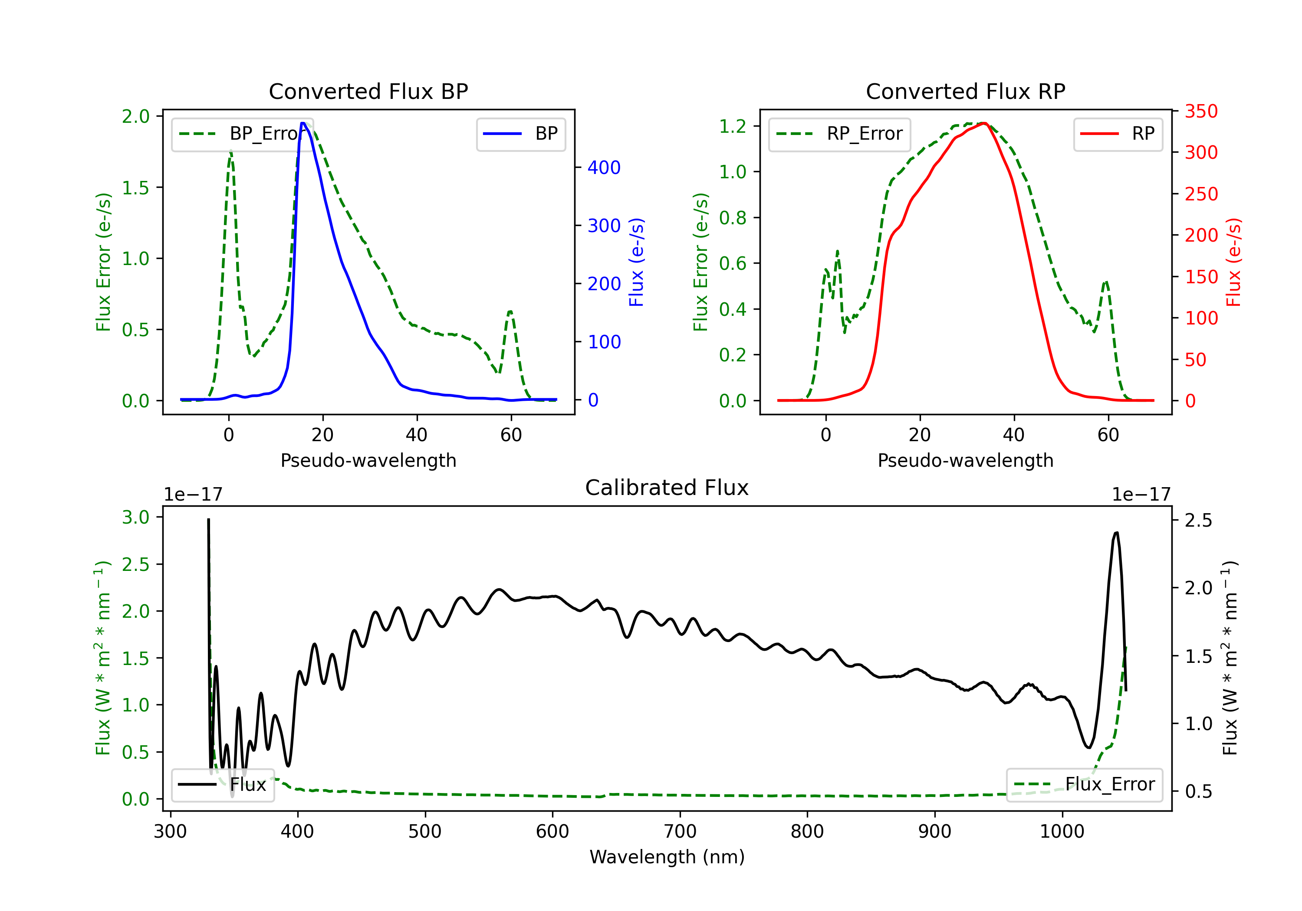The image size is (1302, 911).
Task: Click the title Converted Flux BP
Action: click(368, 91)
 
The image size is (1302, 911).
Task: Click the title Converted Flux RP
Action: click(965, 91)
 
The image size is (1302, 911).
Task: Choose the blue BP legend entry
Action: click(520, 134)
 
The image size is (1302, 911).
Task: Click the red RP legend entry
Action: click(1117, 134)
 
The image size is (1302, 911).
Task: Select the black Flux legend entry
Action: click(222, 785)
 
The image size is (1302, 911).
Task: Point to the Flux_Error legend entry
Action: click(1084, 785)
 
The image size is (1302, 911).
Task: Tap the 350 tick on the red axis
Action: click(1201, 111)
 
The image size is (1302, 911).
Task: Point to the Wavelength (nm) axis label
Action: click(667, 857)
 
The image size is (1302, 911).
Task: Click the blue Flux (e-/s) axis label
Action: click(636, 262)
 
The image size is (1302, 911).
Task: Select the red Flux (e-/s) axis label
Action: click(1233, 262)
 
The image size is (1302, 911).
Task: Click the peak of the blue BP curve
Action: click(303, 123)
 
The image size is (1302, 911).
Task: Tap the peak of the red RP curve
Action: click(984, 124)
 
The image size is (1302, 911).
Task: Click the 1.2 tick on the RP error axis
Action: click(733, 126)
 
